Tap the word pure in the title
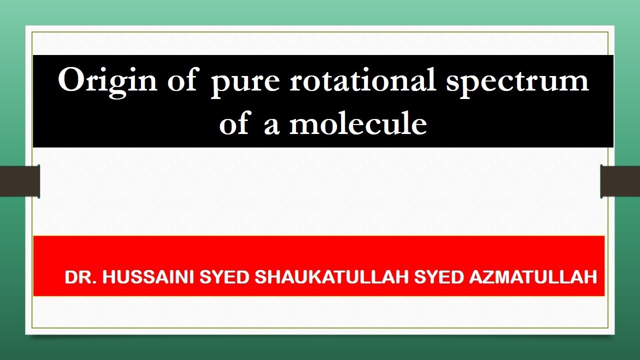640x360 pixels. (x=245, y=82)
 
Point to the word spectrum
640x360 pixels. (x=517, y=82)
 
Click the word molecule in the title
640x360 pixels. (x=358, y=123)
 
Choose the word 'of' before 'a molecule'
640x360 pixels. (x=233, y=123)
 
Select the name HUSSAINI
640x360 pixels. (x=147, y=277)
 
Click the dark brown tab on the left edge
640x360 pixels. (x=20, y=181)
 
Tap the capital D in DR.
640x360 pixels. (x=70, y=277)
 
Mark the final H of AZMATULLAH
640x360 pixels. (x=591, y=277)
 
